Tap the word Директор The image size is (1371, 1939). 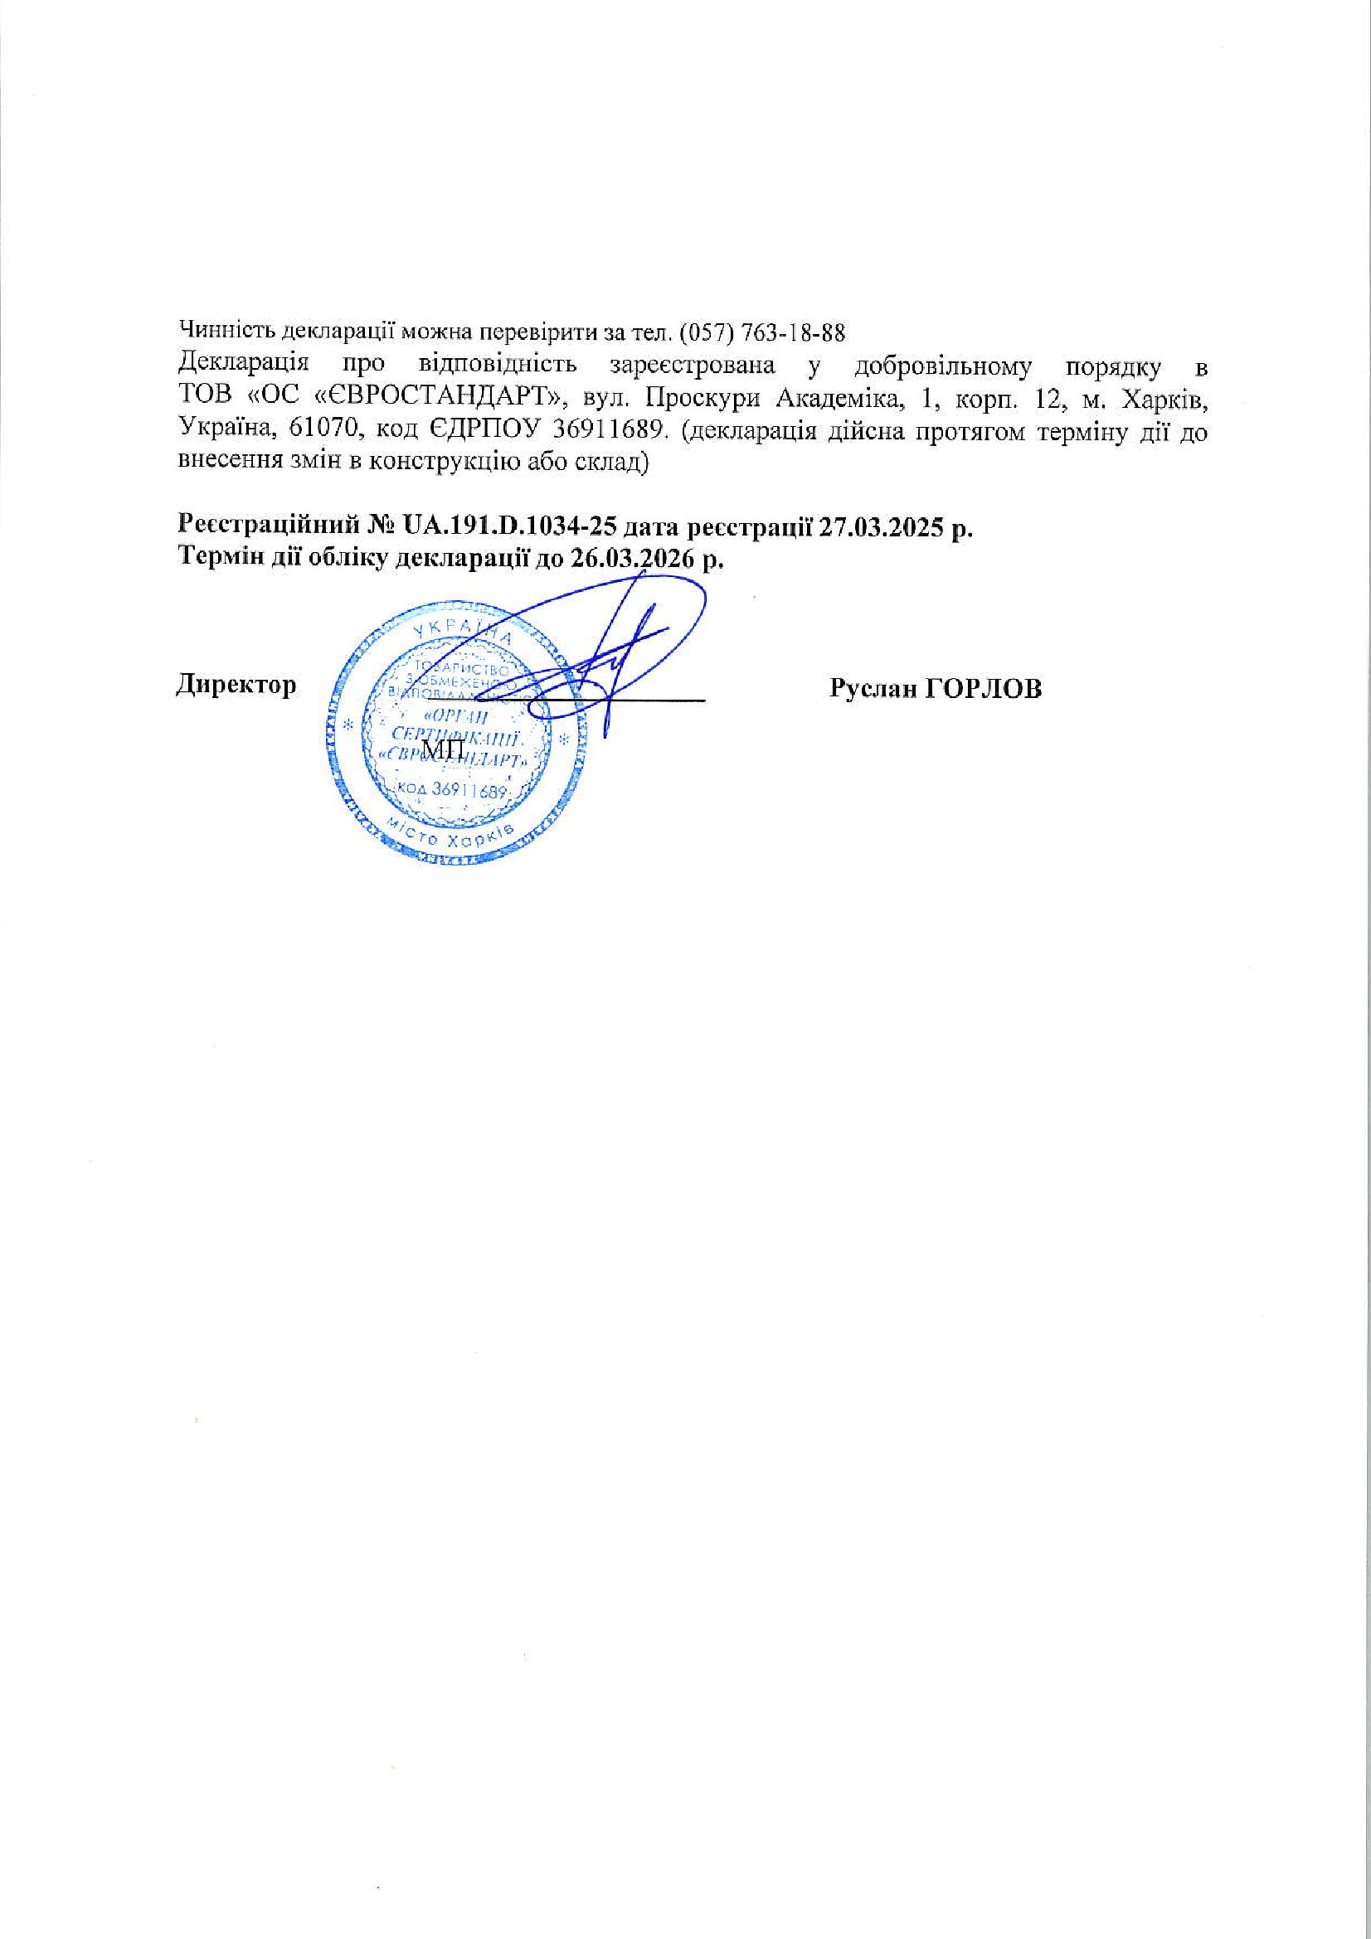[236, 685]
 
